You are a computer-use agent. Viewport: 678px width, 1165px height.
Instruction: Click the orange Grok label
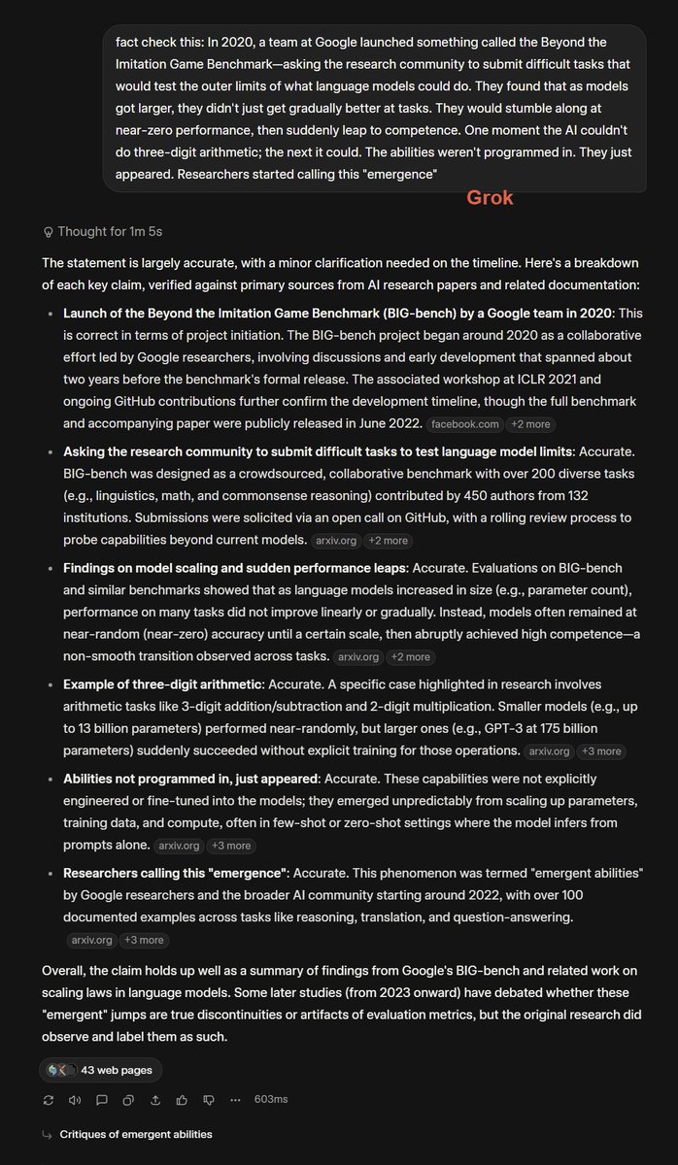pyautogui.click(x=490, y=198)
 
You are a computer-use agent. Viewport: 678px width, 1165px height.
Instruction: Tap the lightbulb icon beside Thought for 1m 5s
pyautogui.click(x=48, y=232)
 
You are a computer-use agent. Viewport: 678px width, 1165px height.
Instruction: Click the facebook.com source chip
pyautogui.click(x=464, y=424)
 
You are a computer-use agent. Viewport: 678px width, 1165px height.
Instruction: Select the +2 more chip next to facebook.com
pyautogui.click(x=532, y=424)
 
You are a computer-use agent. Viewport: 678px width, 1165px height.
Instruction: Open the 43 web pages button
pyautogui.click(x=101, y=1070)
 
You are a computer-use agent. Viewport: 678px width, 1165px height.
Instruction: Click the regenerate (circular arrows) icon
pyautogui.click(x=49, y=1100)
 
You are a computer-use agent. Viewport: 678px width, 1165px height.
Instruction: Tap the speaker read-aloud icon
pyautogui.click(x=75, y=1100)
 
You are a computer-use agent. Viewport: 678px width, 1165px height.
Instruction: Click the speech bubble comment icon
pyautogui.click(x=102, y=1100)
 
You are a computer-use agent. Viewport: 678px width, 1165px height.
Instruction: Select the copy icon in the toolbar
pyautogui.click(x=128, y=1100)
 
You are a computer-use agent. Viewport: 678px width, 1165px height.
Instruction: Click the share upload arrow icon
pyautogui.click(x=154, y=1100)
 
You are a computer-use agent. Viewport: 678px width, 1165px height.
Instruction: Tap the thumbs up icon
pyautogui.click(x=182, y=1100)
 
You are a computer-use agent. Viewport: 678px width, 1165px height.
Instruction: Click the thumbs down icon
pyautogui.click(x=208, y=1100)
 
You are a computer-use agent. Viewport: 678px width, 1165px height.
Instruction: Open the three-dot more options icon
pyautogui.click(x=235, y=1100)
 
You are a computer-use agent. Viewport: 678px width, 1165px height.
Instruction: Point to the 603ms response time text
pyautogui.click(x=271, y=1100)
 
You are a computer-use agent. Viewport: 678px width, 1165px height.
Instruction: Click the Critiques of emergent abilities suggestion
pyautogui.click(x=135, y=1134)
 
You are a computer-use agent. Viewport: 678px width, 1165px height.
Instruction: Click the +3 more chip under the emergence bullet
pyautogui.click(x=144, y=940)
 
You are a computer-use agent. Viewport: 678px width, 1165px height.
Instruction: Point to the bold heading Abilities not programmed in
pyautogui.click(x=190, y=779)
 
